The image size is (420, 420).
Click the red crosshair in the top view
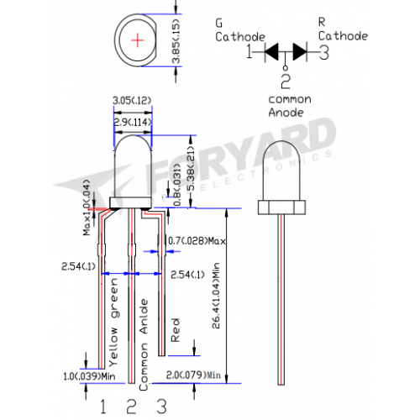coord(138,40)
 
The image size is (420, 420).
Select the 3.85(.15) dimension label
coord(176,41)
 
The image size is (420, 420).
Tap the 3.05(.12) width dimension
coord(132,101)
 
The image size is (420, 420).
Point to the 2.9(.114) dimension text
coord(133,122)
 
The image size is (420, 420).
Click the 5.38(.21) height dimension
coord(191,169)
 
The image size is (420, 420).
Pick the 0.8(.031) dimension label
coord(177,185)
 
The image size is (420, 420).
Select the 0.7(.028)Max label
coord(197,241)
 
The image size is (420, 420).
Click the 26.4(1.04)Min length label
coord(216,296)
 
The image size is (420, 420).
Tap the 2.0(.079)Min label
coord(193,375)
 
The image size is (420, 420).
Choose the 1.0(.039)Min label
coord(89,376)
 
